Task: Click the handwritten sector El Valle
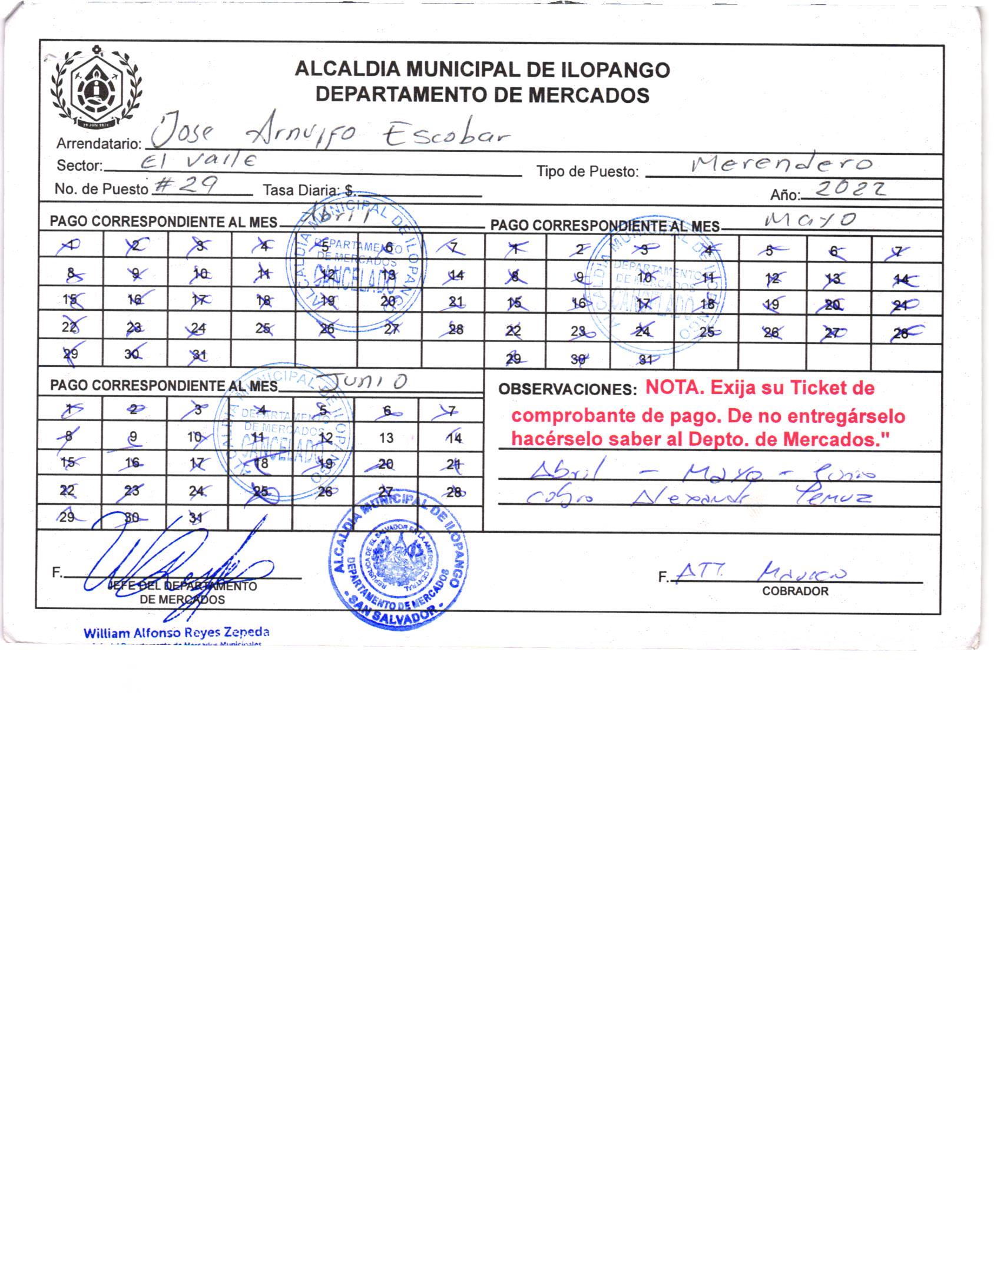tap(200, 160)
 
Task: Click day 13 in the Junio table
tap(386, 438)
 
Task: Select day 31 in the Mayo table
tap(645, 359)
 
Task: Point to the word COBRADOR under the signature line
tap(795, 591)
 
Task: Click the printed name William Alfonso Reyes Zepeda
tap(176, 633)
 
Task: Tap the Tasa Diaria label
tap(300, 190)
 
